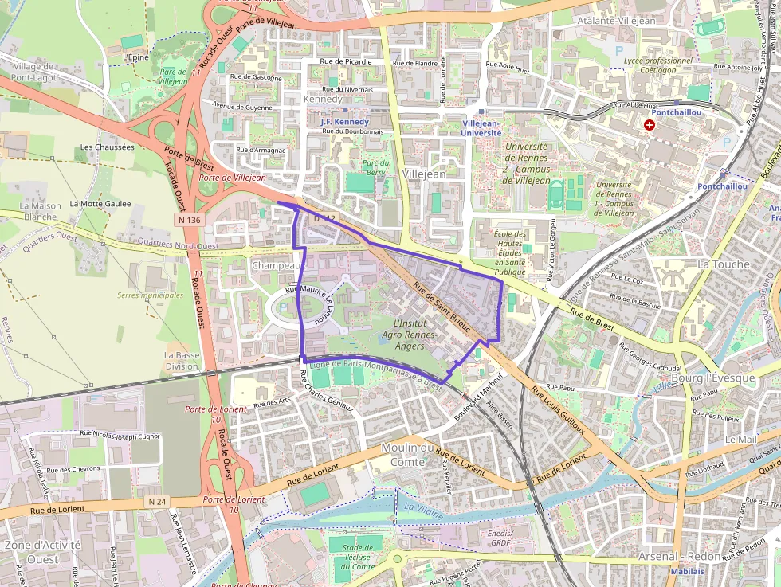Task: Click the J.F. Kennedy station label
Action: [x=344, y=122]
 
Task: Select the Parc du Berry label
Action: [x=375, y=167]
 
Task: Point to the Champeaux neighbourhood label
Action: [x=277, y=264]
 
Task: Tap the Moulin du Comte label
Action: [x=409, y=455]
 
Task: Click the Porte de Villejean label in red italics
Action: [x=232, y=178]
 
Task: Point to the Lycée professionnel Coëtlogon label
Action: [x=658, y=65]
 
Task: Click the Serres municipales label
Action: [x=150, y=295]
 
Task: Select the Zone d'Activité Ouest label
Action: [x=42, y=552]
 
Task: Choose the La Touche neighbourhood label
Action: [x=723, y=264]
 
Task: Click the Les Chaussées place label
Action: [x=107, y=147]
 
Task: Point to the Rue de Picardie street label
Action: [x=345, y=61]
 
